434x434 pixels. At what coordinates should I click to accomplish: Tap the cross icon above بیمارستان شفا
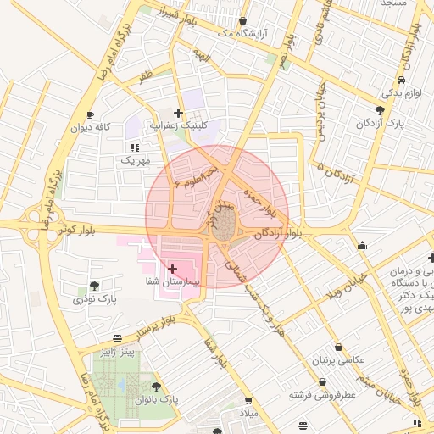coord(173,268)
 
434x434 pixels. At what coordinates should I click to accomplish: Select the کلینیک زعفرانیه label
coord(179,125)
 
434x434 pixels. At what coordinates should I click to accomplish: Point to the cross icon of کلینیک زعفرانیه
coord(178,112)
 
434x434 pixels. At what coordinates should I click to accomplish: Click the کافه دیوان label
coord(92,127)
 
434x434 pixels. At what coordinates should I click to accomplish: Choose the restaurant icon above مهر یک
coord(134,147)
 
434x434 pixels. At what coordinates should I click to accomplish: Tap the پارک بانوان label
coord(157,399)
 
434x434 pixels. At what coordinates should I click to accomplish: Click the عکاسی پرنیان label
coord(339,360)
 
